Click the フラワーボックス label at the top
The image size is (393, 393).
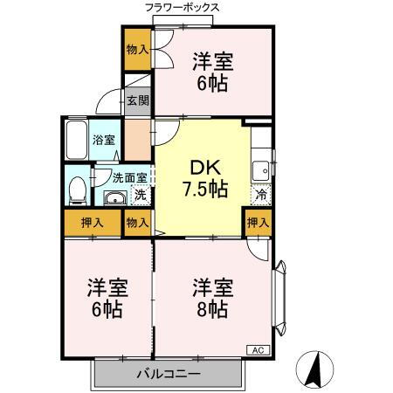point(183,7)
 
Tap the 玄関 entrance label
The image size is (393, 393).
point(137,100)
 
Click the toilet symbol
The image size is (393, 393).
point(77,188)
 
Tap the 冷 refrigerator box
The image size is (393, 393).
point(260,194)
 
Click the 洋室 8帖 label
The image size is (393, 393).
point(211,298)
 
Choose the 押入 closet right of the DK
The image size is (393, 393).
point(258,223)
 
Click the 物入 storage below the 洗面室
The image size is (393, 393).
point(137,223)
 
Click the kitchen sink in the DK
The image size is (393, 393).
point(260,169)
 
